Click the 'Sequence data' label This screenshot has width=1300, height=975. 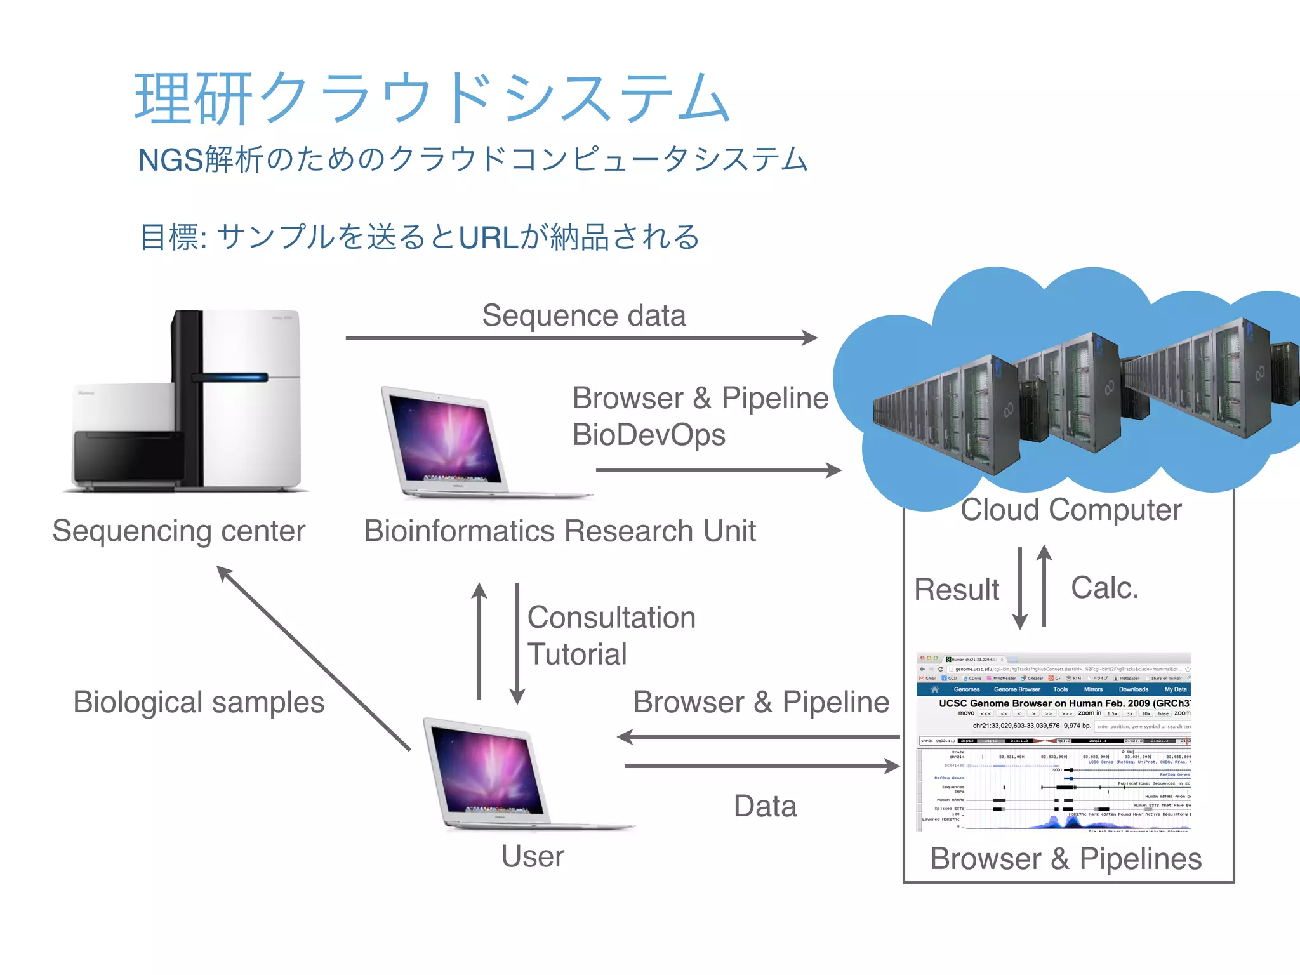(x=583, y=315)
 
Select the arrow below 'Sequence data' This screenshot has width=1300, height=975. (x=581, y=338)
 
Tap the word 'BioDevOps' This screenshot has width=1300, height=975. (x=648, y=435)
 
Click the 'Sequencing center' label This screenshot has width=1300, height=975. (x=178, y=531)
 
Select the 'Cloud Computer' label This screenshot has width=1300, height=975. (x=1071, y=510)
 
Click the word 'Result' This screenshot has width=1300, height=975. (x=956, y=590)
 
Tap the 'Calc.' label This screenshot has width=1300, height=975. (x=1104, y=588)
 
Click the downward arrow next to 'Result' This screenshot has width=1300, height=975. (x=1020, y=587)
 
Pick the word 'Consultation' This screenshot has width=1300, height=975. (x=611, y=618)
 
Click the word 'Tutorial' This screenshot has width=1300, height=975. (x=577, y=654)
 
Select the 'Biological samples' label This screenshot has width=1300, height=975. (x=199, y=702)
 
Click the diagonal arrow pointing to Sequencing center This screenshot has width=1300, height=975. (x=314, y=658)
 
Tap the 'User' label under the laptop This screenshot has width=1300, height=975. (x=532, y=856)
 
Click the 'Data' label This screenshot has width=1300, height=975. (x=765, y=806)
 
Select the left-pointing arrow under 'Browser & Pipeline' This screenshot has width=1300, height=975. (x=759, y=737)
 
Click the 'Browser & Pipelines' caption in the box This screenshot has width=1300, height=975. (x=1066, y=859)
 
